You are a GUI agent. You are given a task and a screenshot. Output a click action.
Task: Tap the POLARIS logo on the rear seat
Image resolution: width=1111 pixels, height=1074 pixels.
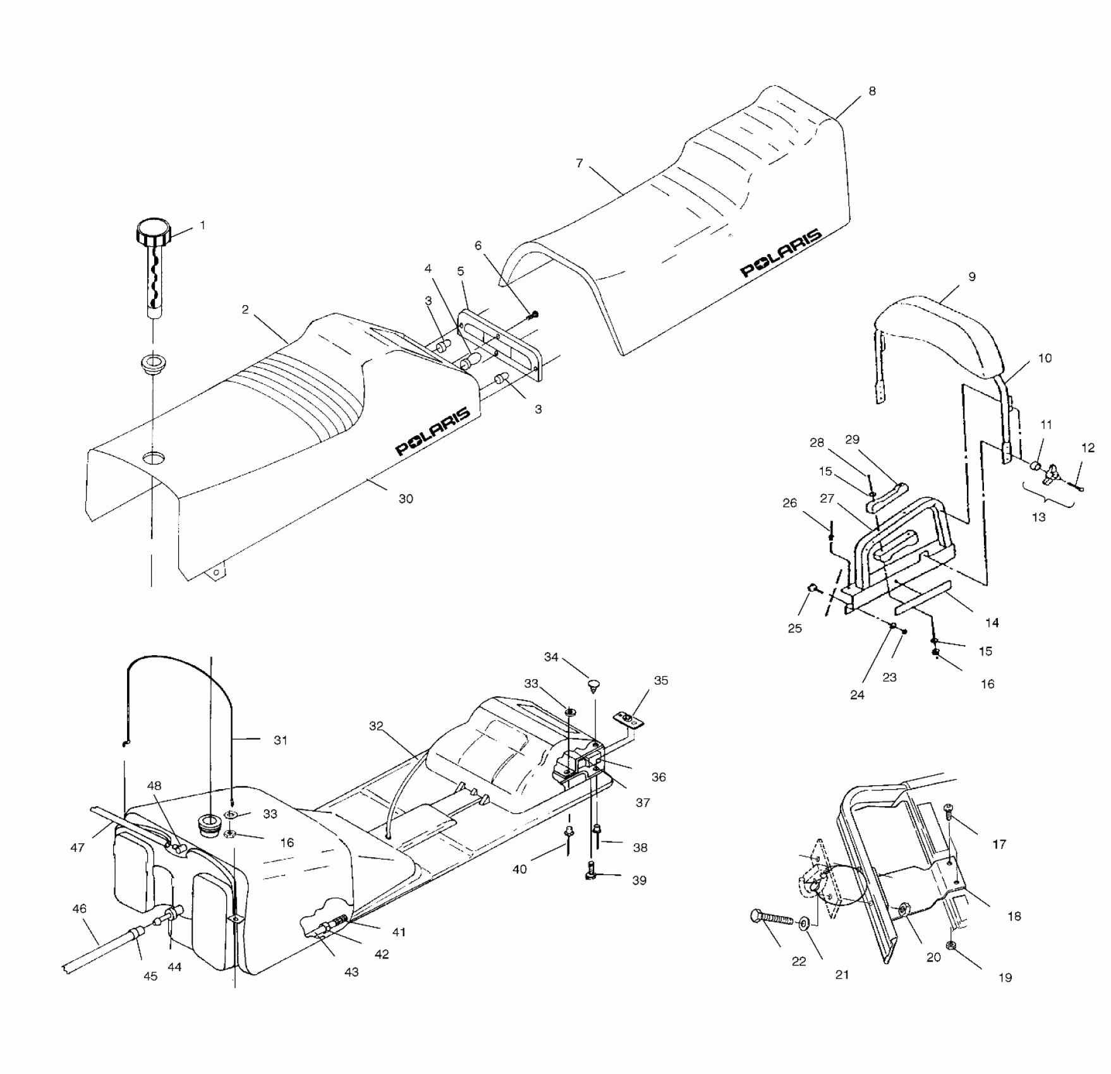tap(781, 253)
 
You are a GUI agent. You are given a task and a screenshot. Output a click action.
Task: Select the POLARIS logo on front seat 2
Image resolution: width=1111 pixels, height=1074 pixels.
tap(433, 431)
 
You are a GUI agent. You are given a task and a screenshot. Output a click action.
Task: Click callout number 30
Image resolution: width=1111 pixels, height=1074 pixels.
tap(406, 499)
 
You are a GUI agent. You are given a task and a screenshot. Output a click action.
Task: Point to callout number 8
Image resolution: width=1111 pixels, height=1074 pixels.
tap(872, 92)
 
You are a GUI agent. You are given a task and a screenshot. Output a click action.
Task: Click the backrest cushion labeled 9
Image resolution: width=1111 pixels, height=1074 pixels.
tap(942, 335)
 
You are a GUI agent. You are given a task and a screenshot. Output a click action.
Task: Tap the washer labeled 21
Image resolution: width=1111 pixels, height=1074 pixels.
tap(804, 924)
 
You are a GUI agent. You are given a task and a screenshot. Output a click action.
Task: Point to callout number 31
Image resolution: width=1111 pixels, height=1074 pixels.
tap(281, 740)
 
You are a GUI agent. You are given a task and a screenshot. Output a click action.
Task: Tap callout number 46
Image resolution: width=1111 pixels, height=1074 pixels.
tap(80, 909)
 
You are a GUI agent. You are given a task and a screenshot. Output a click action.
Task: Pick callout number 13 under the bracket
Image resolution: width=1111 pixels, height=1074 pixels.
tap(1038, 517)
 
